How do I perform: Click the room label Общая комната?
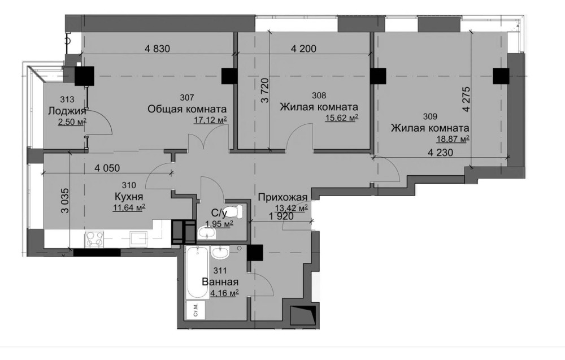187,109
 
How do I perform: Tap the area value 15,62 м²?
342,118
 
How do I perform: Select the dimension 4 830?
157,48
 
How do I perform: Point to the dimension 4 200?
303,48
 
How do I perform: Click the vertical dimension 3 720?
265,90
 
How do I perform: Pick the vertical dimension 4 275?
467,99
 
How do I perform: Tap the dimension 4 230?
440,153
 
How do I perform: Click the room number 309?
430,116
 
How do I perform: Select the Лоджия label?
67,111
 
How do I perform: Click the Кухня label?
129,197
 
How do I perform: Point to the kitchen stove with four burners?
94,239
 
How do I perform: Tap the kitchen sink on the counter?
139,239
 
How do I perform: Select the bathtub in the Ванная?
197,272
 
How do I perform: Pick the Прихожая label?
283,197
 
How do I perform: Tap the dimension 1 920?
281,216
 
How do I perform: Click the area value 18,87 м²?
453,138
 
